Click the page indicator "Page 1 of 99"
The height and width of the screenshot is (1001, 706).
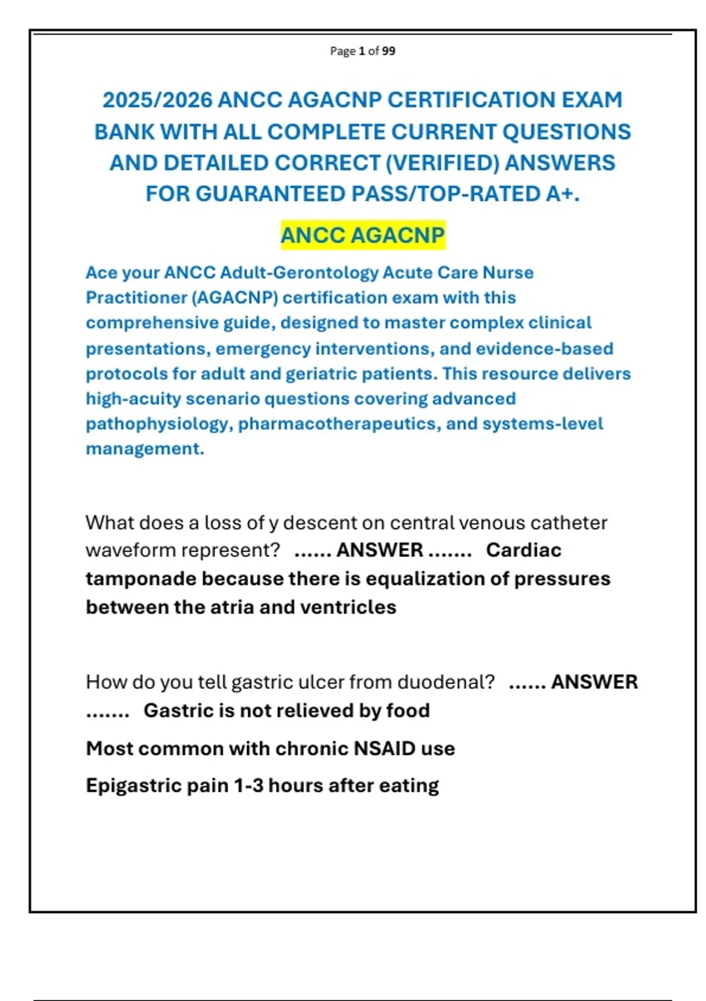tap(362, 51)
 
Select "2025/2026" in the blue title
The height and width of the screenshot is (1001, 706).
tap(157, 100)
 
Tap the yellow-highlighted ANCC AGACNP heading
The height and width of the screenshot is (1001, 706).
tap(362, 236)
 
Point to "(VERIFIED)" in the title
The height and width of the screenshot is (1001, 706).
tap(442, 163)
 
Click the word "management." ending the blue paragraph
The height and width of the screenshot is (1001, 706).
tap(145, 449)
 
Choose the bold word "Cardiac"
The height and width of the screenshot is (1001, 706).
tap(524, 551)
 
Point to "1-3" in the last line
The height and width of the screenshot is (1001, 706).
tap(248, 785)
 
